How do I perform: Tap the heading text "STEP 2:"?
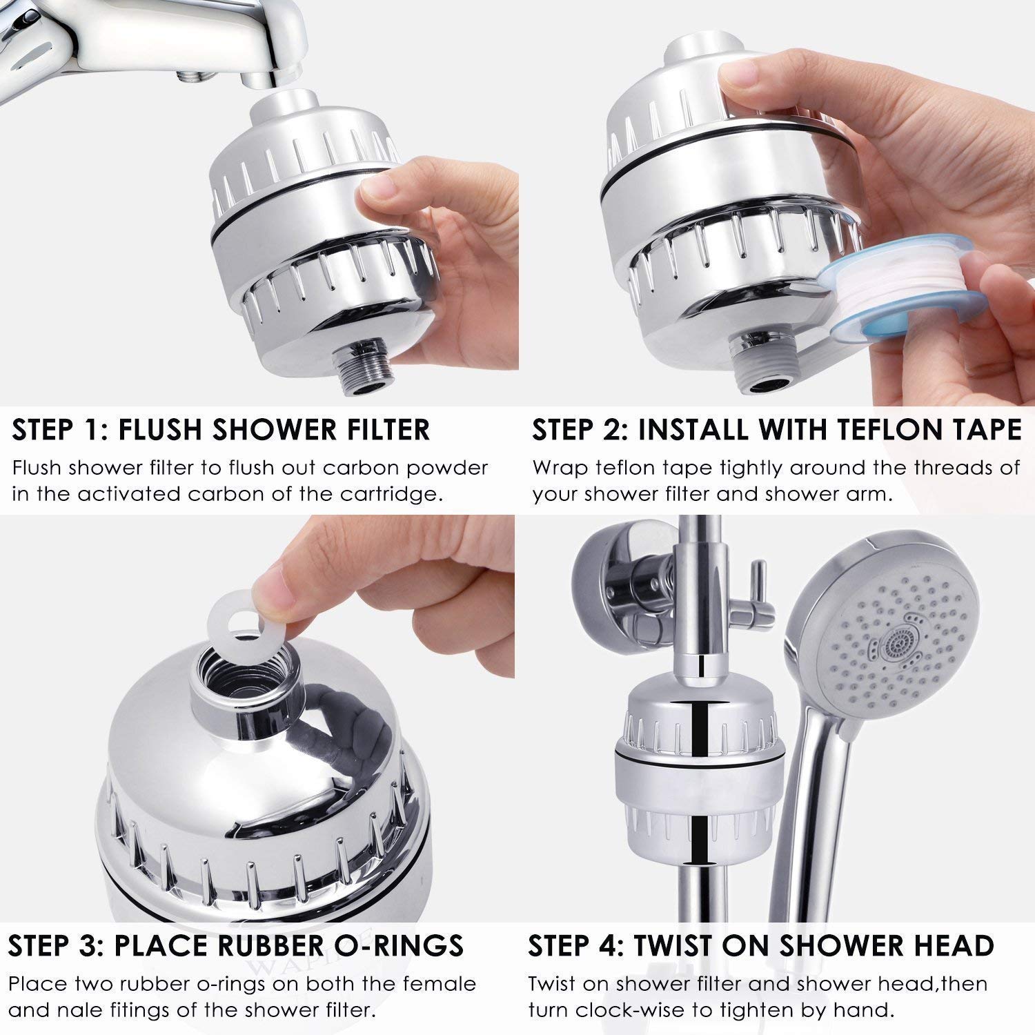coord(578,429)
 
